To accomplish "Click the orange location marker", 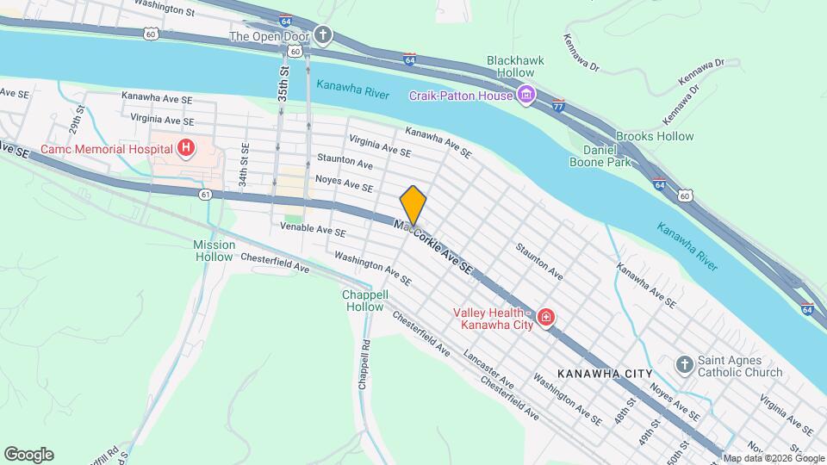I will coord(413,205).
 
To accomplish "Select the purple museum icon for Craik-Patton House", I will coord(526,95).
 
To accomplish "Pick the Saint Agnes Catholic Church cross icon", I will coord(685,364).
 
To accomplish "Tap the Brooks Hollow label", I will coord(655,136).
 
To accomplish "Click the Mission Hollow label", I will coord(214,251).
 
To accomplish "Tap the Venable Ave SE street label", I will coord(314,232).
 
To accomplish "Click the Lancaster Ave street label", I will coord(488,369).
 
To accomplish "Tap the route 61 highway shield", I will coord(205,195).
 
